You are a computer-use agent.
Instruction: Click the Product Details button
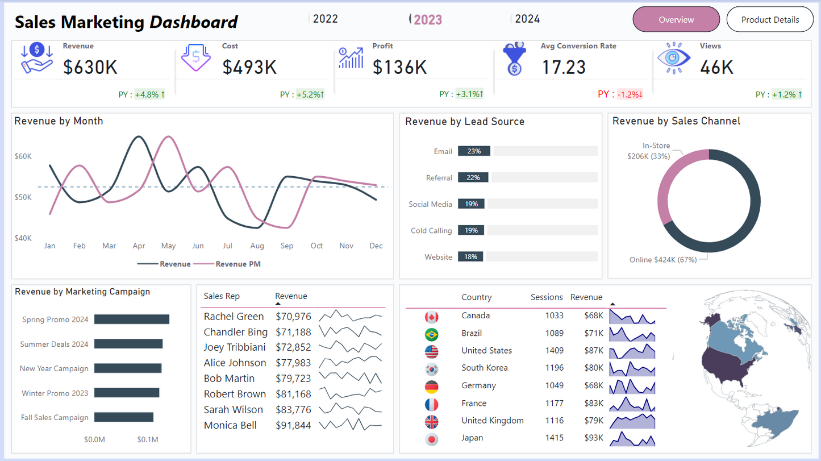770,19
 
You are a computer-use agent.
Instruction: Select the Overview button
676,19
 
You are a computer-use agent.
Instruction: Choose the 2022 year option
325,19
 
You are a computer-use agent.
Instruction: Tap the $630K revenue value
90,67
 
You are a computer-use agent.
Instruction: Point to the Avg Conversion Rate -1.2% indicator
630,94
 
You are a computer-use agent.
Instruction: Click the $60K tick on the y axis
23,156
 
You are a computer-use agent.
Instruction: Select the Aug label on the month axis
257,246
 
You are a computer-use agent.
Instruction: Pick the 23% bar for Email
474,151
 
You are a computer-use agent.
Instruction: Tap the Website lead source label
439,257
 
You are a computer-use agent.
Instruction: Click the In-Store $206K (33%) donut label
649,151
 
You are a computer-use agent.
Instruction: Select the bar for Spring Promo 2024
132,319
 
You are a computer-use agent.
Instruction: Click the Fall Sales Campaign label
55,417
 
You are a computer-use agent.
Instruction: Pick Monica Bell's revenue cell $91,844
293,425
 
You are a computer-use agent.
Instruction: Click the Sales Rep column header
222,296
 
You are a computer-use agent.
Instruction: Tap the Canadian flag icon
431,317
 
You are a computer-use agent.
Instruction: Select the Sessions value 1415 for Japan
554,438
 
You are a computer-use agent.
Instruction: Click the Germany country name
478,385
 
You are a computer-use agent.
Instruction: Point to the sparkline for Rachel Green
351,316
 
